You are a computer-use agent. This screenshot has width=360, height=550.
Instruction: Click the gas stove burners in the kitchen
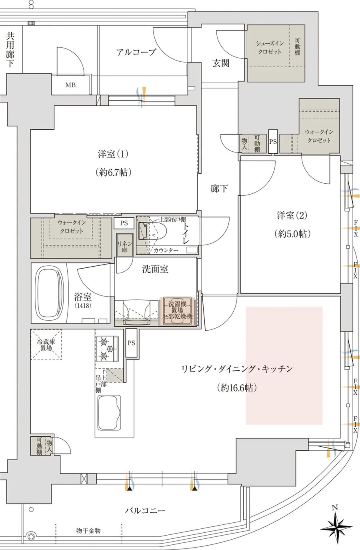click(x=107, y=347)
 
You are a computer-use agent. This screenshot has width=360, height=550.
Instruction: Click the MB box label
click(x=70, y=85)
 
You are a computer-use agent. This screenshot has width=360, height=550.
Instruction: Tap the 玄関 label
click(x=221, y=63)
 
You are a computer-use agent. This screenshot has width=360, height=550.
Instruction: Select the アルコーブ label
click(x=136, y=52)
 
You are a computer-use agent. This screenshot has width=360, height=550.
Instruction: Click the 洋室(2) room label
click(x=292, y=215)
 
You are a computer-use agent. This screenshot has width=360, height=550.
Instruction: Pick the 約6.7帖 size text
click(x=114, y=173)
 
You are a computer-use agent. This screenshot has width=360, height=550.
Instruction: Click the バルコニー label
click(x=145, y=510)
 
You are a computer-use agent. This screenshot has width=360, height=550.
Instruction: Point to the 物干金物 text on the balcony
click(x=88, y=531)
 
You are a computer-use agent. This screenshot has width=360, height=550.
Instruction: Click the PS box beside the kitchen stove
click(x=132, y=343)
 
